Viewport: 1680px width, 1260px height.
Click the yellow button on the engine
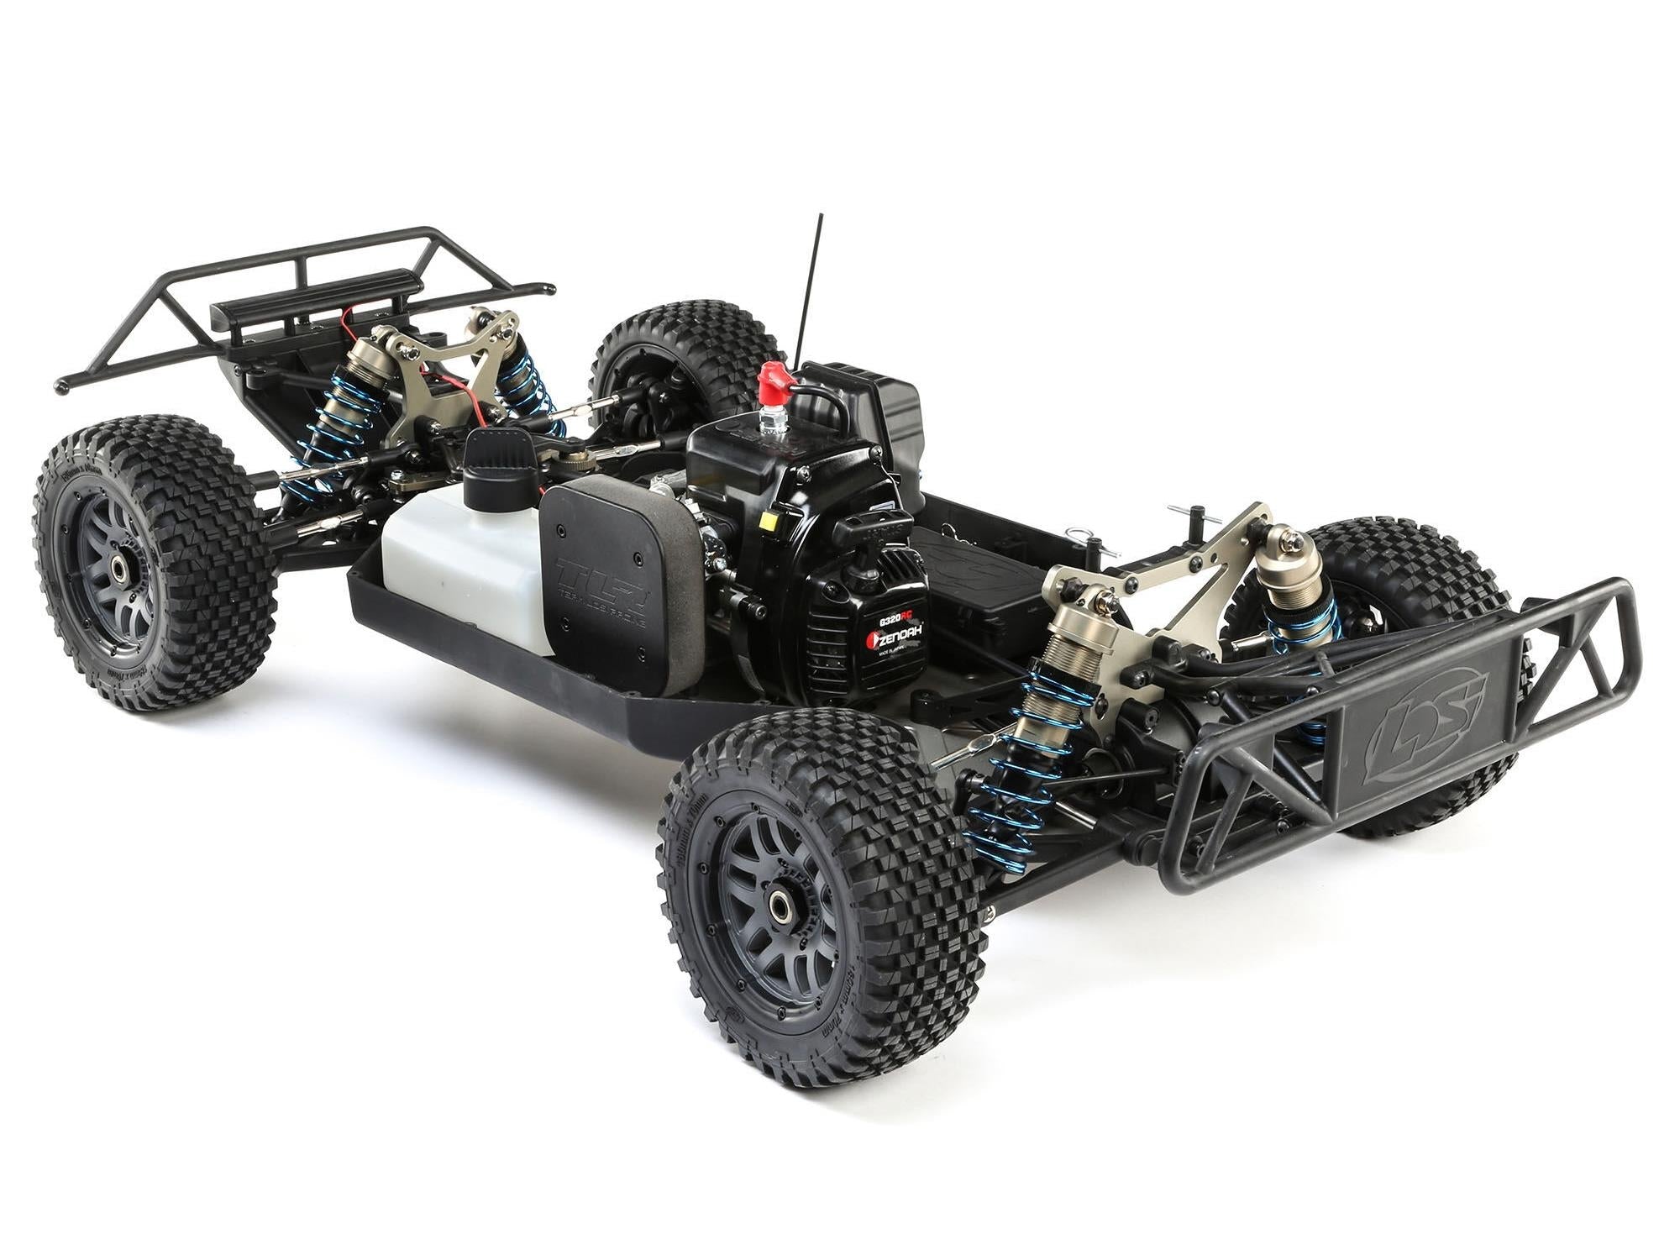point(764,520)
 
